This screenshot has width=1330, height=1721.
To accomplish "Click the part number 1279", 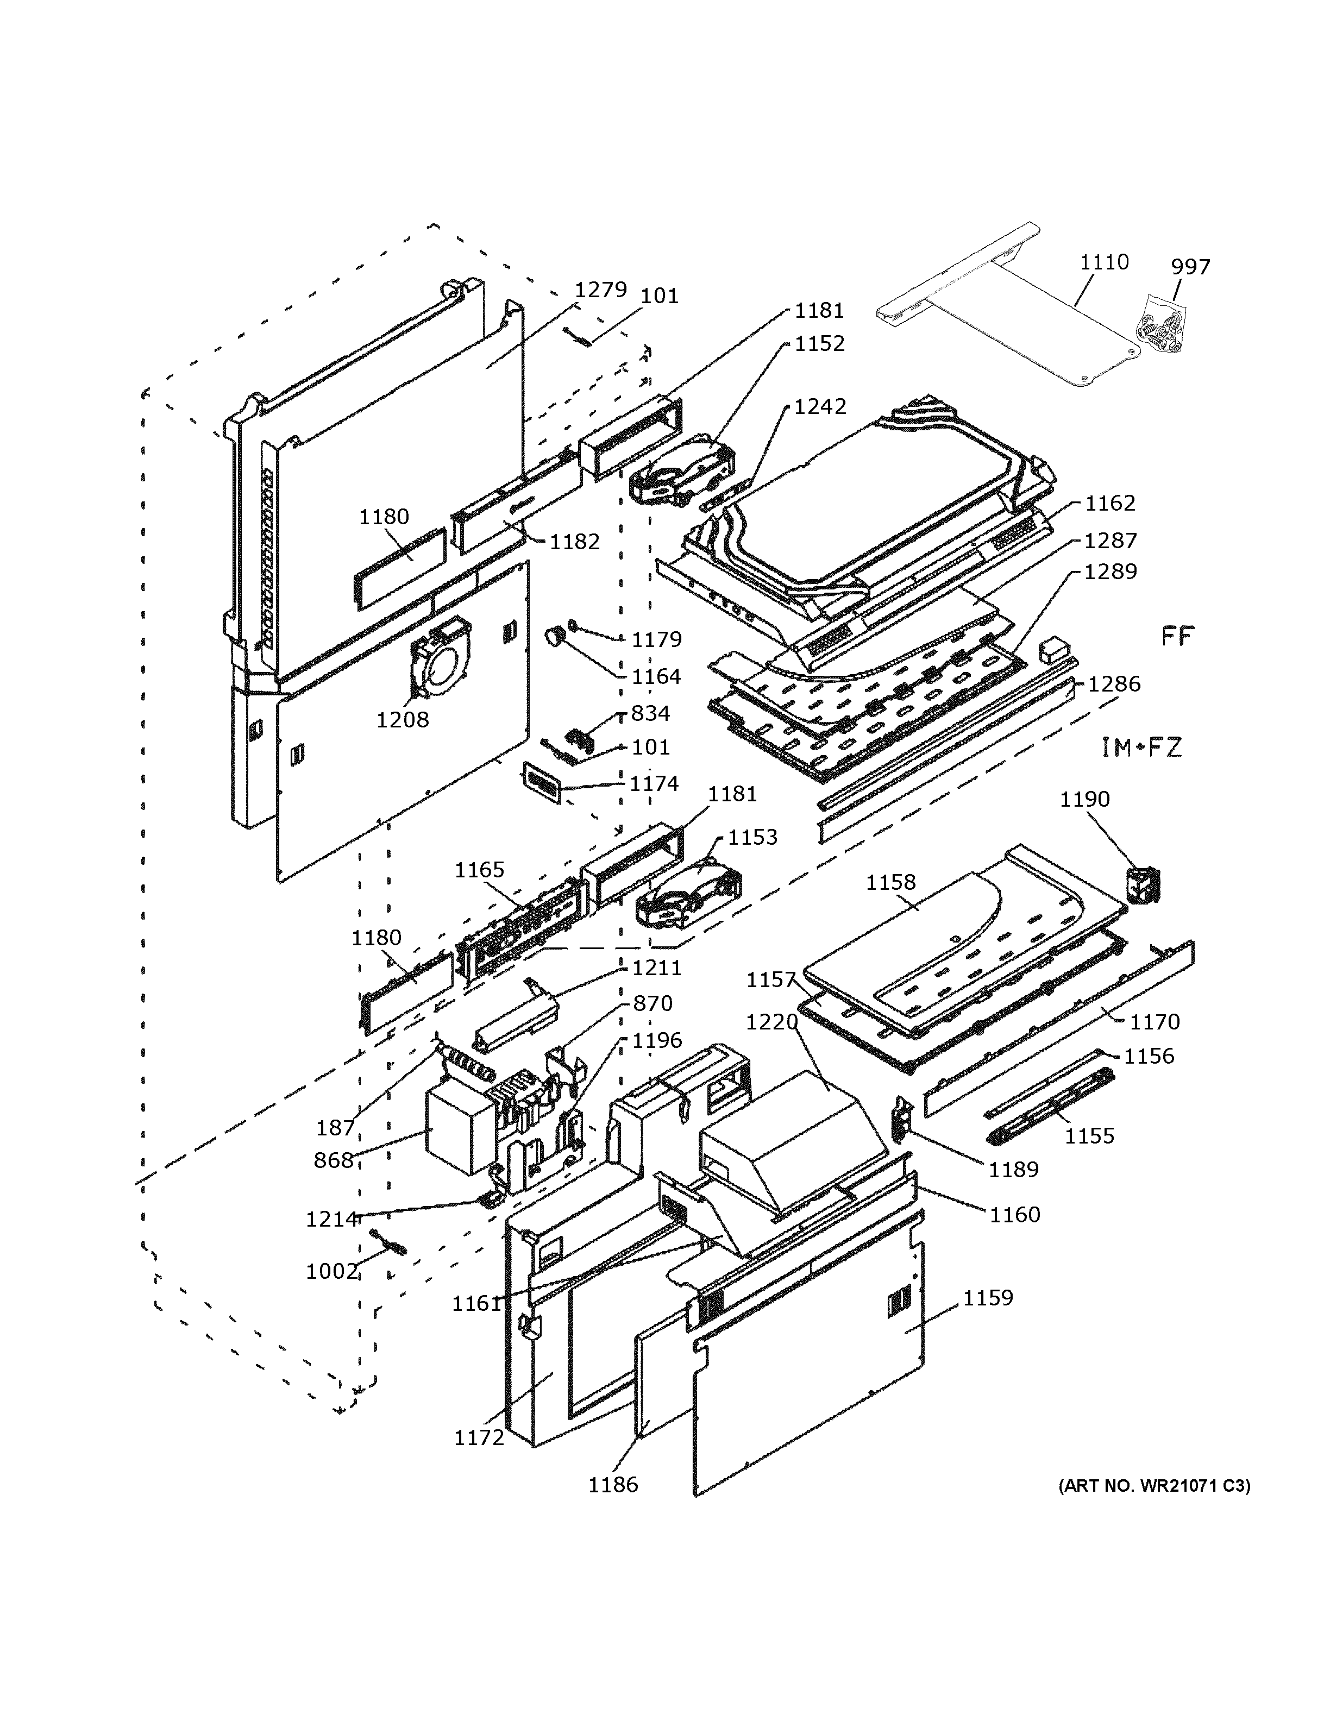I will [600, 290].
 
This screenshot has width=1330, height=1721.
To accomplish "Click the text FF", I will [1178, 636].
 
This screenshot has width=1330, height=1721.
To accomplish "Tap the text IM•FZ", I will [1141, 747].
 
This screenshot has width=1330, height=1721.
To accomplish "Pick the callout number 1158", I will [890, 883].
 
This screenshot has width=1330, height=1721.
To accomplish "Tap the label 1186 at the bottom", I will [613, 1485].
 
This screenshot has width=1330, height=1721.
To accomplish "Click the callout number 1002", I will [332, 1272].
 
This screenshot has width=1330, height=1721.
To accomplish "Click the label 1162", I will [1109, 504].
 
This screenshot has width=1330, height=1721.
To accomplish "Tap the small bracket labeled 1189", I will [901, 1120].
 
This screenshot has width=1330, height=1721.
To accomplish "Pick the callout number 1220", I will [771, 1022].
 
